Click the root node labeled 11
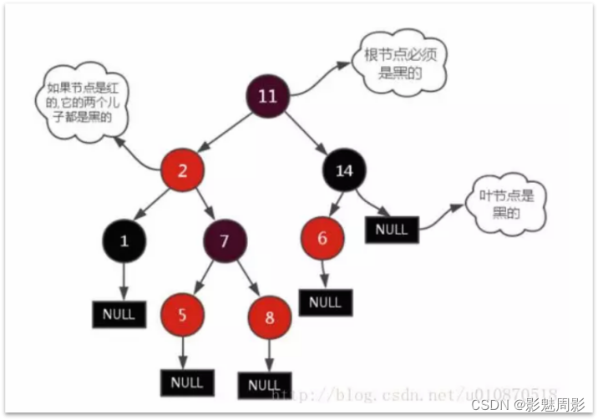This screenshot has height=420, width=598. tap(267, 96)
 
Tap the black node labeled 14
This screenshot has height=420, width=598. tap(344, 172)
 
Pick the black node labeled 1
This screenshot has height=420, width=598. tap(124, 241)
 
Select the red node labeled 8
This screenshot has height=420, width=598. tap(269, 317)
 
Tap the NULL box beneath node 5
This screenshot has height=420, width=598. tap(186, 382)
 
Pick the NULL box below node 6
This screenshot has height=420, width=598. tap(325, 301)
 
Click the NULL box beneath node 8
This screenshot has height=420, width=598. tap(265, 385)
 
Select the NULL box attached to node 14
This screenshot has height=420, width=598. tap(391, 229)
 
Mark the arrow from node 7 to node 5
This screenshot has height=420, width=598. tap(203, 278)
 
